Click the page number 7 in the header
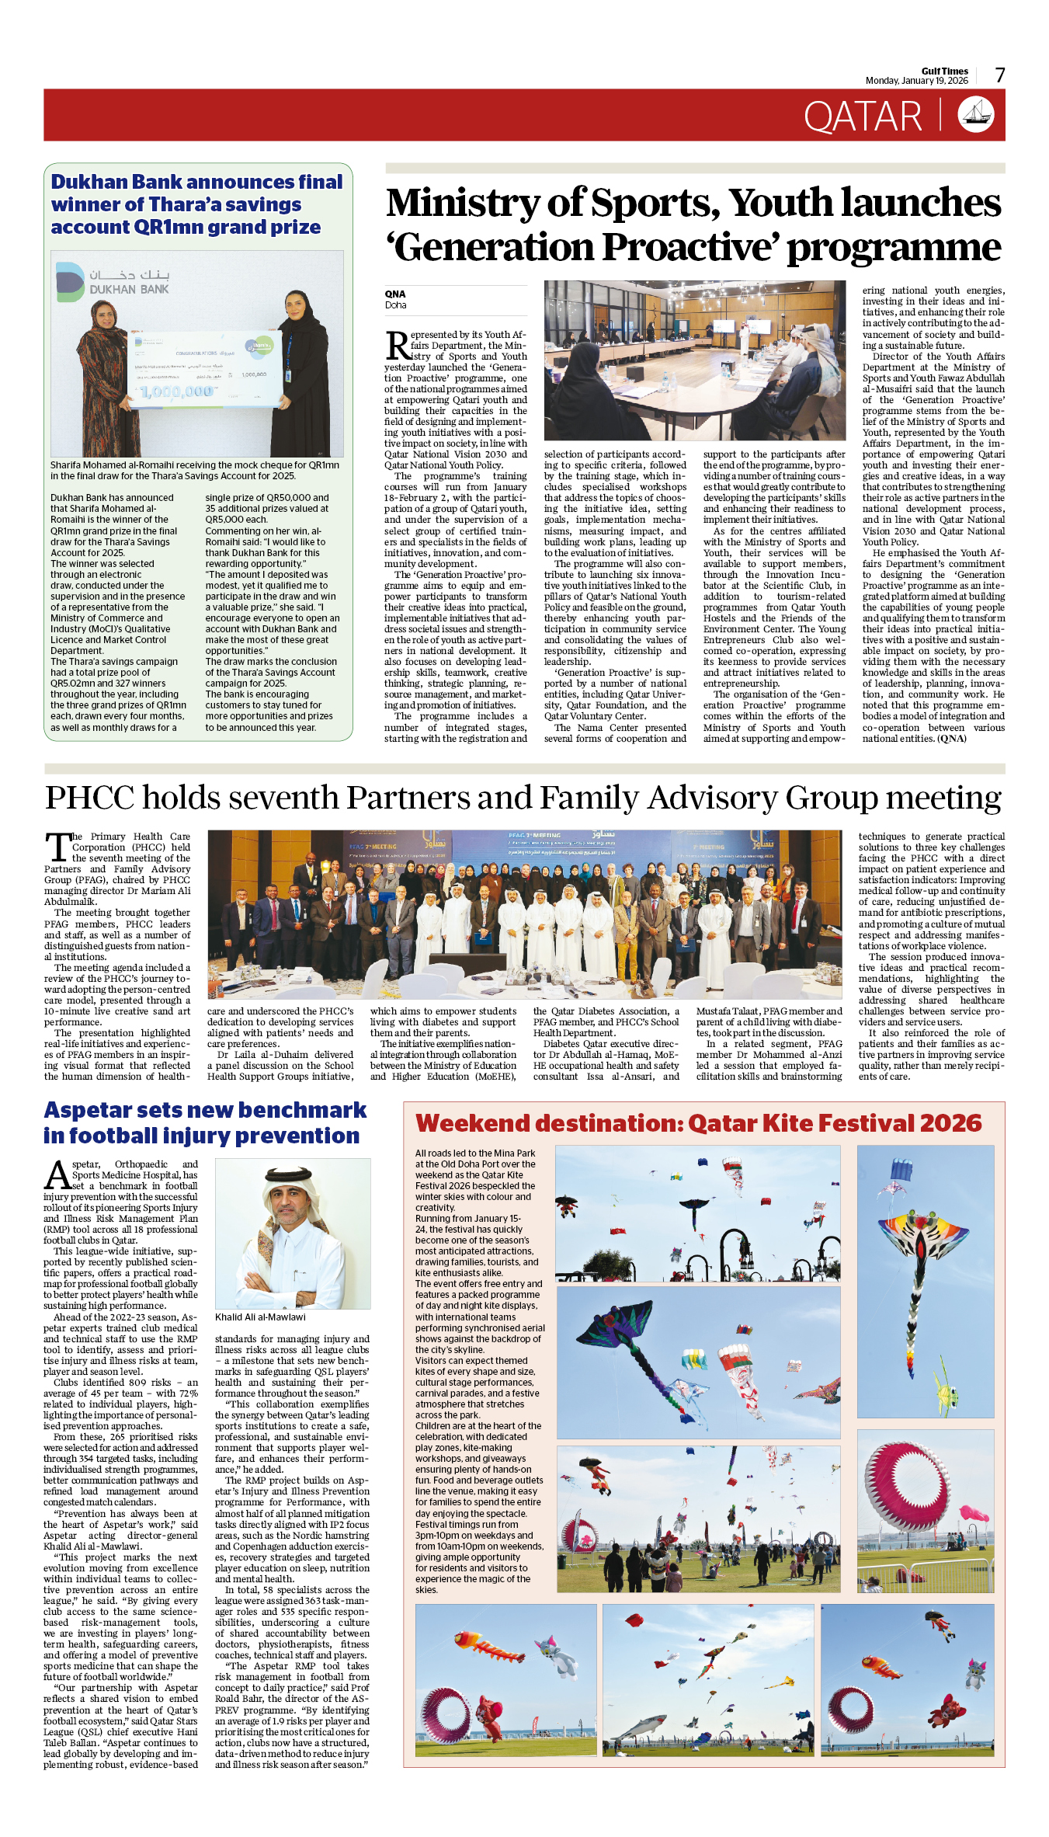click(1000, 75)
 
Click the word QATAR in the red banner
click(863, 117)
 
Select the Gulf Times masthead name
click(944, 71)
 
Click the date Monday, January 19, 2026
click(916, 81)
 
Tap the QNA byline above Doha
click(395, 294)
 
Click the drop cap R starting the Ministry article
click(397, 346)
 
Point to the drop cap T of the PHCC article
click(57, 847)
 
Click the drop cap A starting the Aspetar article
click(57, 1175)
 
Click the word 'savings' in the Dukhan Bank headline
click(263, 204)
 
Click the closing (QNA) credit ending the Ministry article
click(951, 739)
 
